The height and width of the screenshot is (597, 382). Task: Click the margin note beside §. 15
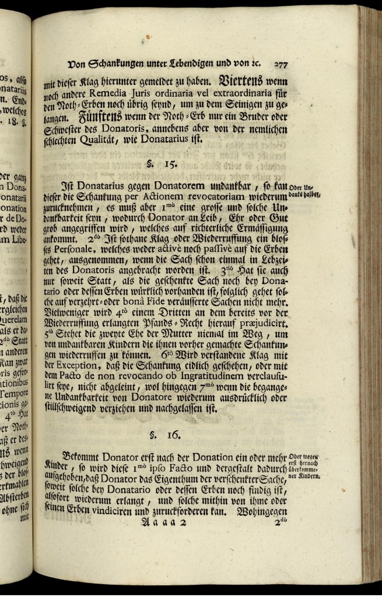click(306, 191)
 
